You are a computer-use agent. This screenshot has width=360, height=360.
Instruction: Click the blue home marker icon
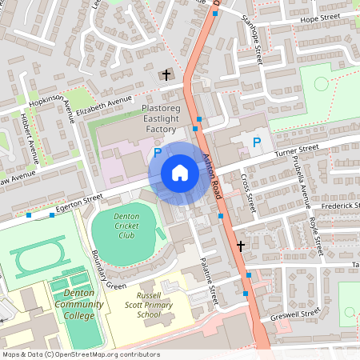180,173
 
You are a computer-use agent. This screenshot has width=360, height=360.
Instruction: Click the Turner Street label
295,150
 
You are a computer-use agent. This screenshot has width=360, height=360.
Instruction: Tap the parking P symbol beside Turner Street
256,142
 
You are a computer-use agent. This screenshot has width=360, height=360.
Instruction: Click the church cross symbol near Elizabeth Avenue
166,75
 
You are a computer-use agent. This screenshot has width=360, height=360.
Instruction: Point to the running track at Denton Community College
32,261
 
